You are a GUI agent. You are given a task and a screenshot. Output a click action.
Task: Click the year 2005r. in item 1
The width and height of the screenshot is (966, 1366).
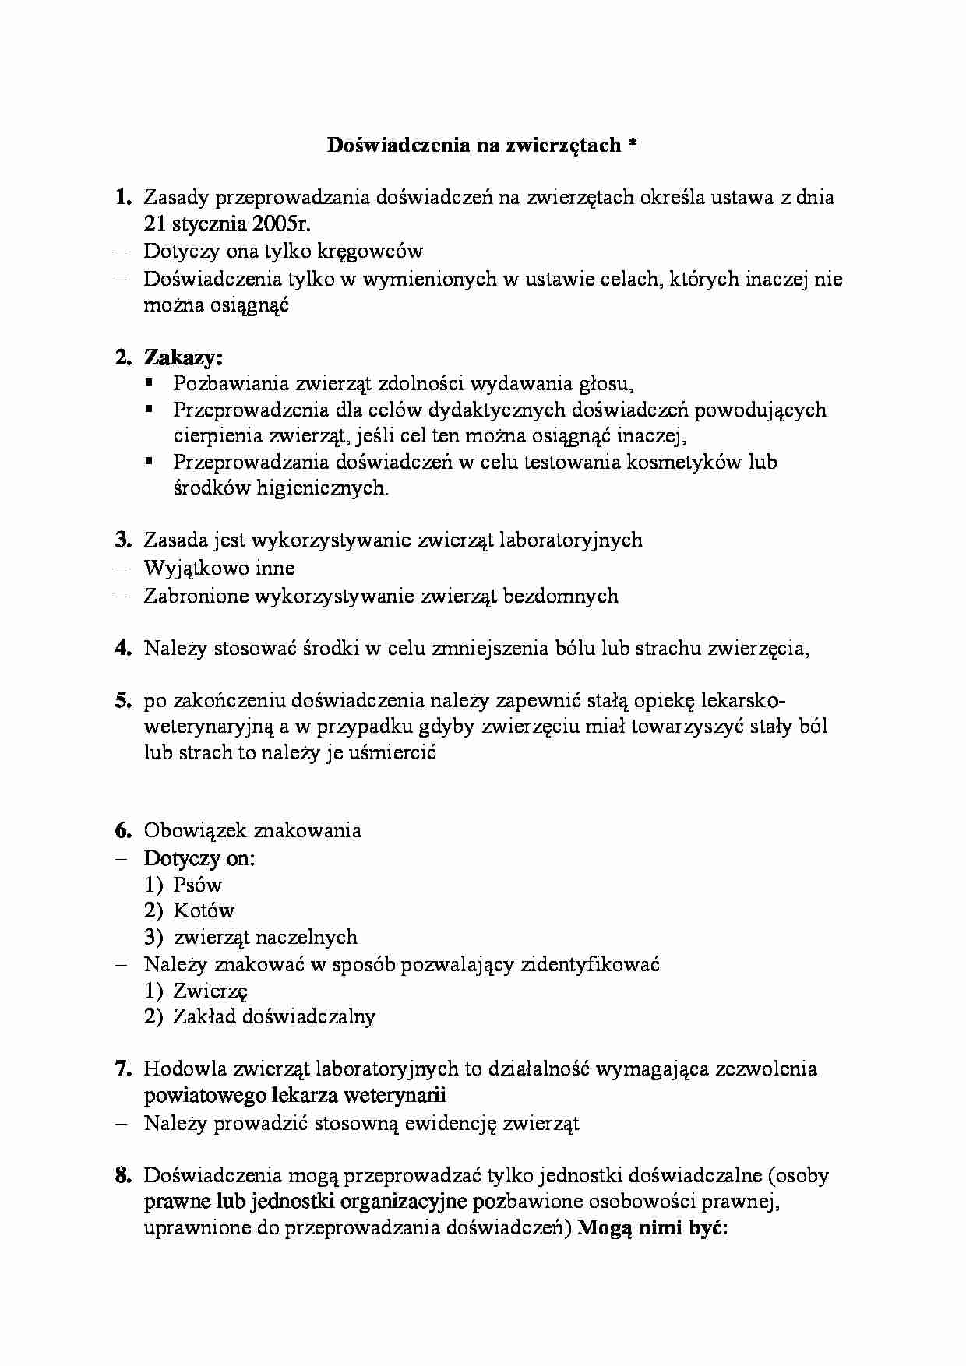280,224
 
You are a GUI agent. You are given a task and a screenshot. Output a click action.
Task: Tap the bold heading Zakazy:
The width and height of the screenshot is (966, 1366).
184,357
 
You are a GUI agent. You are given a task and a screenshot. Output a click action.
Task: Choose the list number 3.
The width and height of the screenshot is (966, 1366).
122,540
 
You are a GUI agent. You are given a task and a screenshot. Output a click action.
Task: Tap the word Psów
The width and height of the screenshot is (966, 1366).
198,885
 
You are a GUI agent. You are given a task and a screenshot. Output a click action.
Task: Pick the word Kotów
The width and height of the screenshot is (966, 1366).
204,911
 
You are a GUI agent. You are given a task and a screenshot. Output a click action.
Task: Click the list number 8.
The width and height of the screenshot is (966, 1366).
122,1176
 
